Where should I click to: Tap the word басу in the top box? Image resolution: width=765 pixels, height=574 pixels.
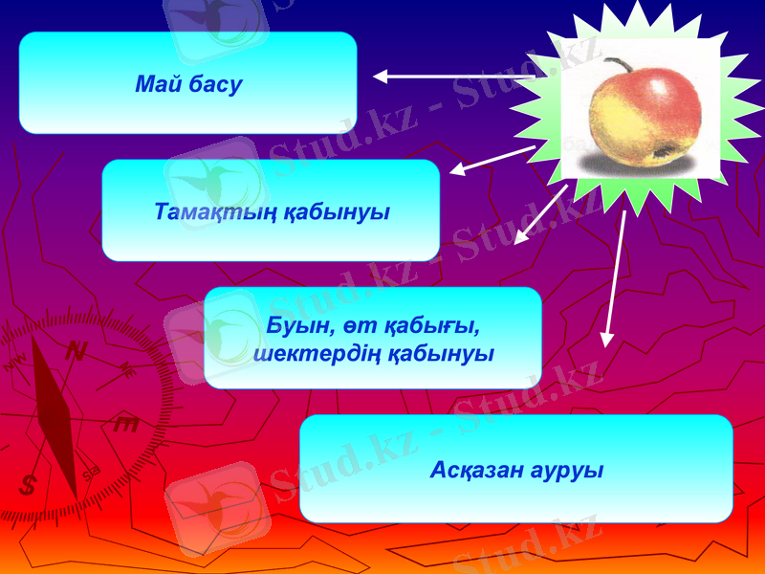click(x=215, y=85)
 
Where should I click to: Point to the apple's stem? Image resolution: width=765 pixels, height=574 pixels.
click(x=619, y=65)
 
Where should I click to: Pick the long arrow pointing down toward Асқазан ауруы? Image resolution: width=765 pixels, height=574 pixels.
click(x=614, y=277)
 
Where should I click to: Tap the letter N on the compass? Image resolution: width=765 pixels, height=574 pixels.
click(x=75, y=352)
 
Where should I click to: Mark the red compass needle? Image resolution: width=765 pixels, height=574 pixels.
click(x=55, y=416)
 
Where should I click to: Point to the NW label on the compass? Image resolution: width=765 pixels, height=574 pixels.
click(x=15, y=364)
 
